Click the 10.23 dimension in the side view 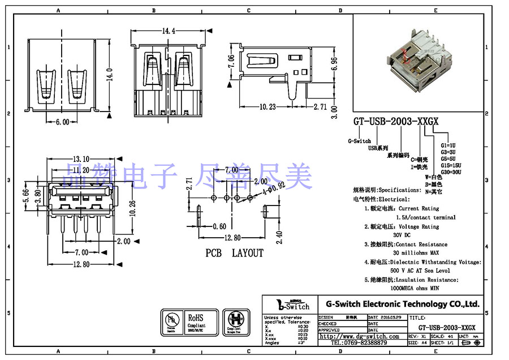pos(268,106)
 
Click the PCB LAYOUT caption pos(234,253)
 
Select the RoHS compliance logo pos(196,321)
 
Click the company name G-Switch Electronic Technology pos(399,304)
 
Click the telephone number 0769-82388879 pos(359,343)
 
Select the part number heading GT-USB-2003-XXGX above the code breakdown pos(396,121)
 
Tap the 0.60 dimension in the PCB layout pos(219,227)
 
